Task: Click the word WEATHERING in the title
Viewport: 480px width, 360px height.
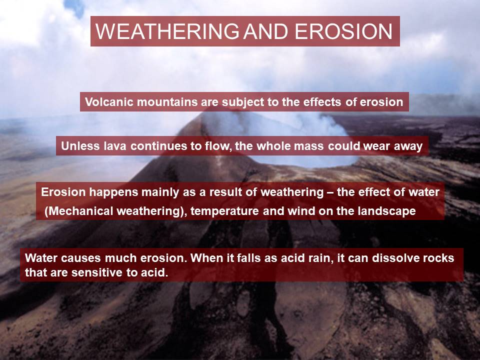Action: coord(167,31)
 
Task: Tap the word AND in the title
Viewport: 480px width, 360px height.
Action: coord(265,31)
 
